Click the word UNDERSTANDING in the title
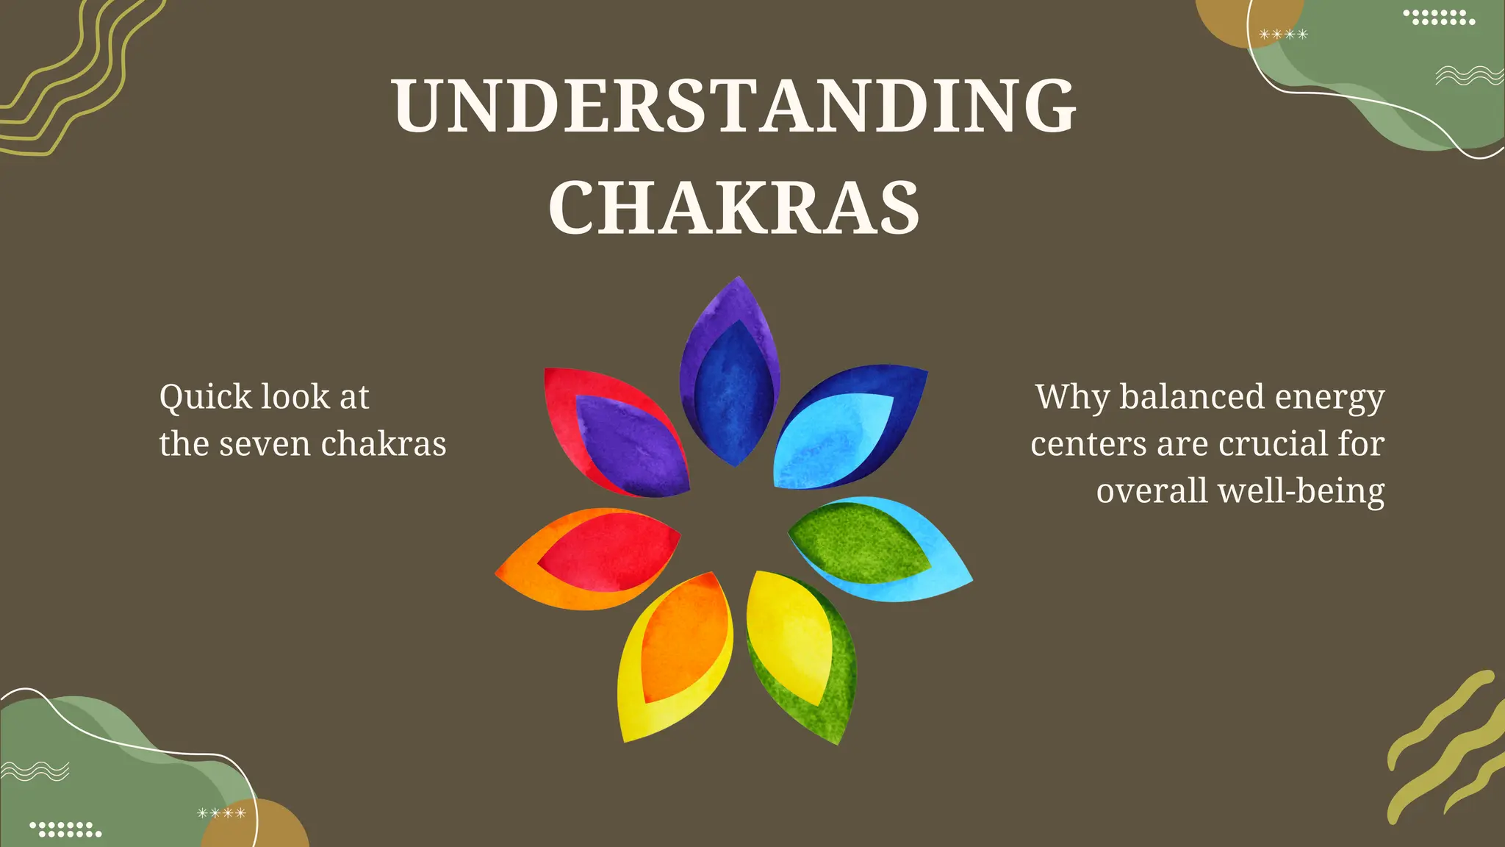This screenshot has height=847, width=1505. [733, 106]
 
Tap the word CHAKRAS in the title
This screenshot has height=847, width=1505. [733, 209]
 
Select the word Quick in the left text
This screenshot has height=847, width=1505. [206, 398]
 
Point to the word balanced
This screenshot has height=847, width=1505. [1191, 397]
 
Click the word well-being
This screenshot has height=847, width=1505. [1301, 491]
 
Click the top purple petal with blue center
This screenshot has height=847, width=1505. [731, 375]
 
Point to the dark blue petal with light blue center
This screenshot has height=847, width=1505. [845, 430]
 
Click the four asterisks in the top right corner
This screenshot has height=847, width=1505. [1283, 35]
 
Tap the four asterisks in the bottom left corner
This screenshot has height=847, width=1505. [221, 812]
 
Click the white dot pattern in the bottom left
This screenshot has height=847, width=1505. [66, 829]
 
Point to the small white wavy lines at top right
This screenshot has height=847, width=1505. [1469, 76]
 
